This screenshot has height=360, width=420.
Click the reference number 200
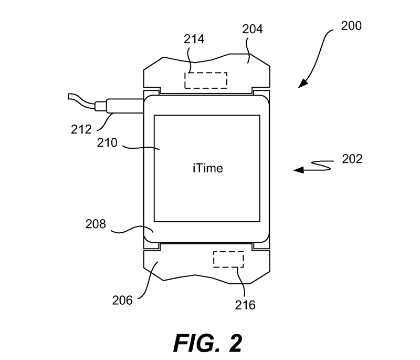tap(351, 26)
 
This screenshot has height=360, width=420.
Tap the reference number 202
tap(352, 159)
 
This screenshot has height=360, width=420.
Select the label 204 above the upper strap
tap(253, 29)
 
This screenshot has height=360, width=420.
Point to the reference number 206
tap(122, 300)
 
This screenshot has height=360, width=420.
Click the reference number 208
tap(96, 224)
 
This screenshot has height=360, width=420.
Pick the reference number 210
tap(107, 142)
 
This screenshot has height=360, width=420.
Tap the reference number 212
tap(81, 129)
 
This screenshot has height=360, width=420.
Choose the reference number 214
tap(194, 39)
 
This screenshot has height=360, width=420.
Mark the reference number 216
tap(245, 305)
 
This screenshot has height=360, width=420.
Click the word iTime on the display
tap(208, 168)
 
